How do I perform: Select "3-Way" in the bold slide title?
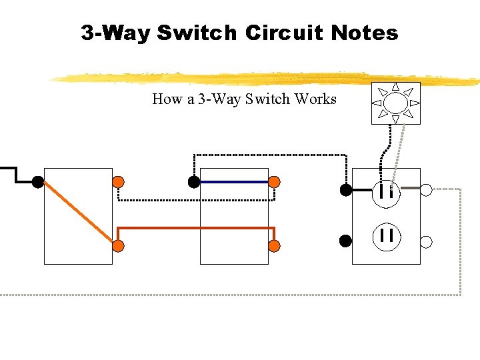coord(116,32)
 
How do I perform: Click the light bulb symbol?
coord(395,103)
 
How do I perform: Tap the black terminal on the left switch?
coord(38,181)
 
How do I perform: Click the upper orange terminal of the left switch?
coord(118,181)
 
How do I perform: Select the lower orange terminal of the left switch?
coord(118,246)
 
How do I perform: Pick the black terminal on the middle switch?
coord(193,181)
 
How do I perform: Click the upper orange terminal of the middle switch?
coord(274,181)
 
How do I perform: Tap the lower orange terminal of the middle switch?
coord(274,246)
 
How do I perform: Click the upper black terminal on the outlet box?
coord(345,190)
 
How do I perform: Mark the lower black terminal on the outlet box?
coord(345,241)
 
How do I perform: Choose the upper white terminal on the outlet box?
coord(427,190)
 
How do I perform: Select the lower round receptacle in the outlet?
coord(386,235)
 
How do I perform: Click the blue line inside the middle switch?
coord(233,181)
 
